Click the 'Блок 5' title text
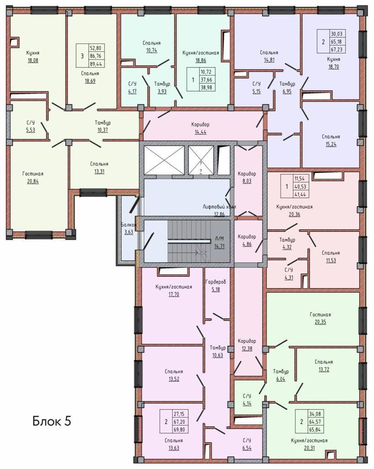click(52, 421)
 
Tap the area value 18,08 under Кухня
click(33, 60)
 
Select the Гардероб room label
click(216, 282)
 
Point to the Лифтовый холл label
click(219, 207)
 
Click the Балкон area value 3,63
click(129, 232)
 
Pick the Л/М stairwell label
click(219, 239)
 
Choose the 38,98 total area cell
click(206, 87)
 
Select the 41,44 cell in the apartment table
click(300, 194)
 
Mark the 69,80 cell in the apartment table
click(179, 430)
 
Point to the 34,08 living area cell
click(315, 414)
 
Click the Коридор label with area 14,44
click(201, 125)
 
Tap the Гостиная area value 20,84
click(33, 181)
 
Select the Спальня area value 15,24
click(331, 144)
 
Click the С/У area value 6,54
click(247, 448)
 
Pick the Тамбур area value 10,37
click(103, 130)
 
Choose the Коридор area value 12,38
click(247, 348)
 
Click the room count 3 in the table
click(82, 55)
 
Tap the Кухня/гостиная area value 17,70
click(173, 294)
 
